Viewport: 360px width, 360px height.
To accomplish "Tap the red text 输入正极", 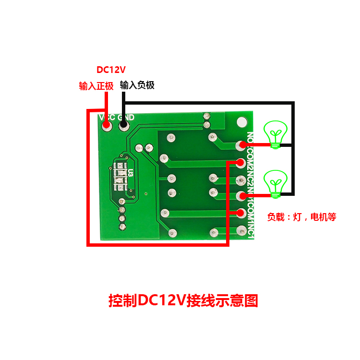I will tap(96, 86).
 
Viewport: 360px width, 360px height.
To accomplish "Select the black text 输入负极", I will tap(137, 85).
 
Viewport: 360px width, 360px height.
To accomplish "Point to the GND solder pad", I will tap(123, 126).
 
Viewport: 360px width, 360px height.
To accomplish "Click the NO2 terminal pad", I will tap(241, 144).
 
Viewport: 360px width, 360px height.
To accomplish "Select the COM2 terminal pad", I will tap(241, 162).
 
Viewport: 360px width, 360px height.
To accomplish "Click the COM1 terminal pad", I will tap(241, 213).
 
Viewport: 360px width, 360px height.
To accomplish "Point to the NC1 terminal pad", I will tap(241, 230).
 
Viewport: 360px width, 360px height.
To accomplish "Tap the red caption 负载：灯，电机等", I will tap(301, 217).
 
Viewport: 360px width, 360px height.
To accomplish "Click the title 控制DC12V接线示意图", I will tap(183, 300).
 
